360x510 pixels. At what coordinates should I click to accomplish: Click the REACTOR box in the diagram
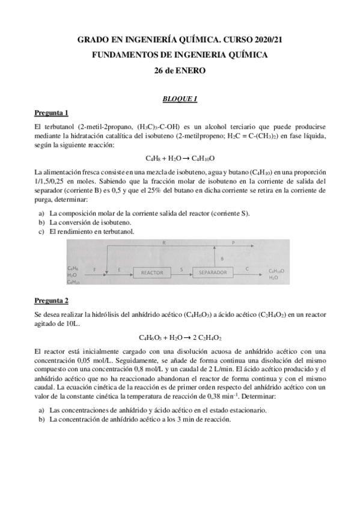(x=151, y=272)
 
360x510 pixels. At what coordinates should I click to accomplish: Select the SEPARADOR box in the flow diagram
(x=212, y=272)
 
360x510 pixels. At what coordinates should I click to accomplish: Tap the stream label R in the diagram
(x=163, y=242)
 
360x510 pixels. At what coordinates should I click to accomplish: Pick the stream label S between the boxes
(x=182, y=268)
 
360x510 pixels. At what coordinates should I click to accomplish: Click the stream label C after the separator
(x=248, y=268)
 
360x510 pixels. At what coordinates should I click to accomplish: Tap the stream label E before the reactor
(x=120, y=268)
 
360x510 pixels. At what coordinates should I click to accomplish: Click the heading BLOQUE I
(x=180, y=99)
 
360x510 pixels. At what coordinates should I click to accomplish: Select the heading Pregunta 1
(x=51, y=113)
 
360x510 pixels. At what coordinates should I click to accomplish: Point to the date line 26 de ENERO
(x=180, y=70)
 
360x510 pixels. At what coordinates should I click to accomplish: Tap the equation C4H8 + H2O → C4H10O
(x=180, y=158)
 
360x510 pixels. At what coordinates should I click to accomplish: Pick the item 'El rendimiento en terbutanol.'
(x=92, y=231)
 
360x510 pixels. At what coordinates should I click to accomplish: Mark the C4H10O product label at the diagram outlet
(x=277, y=271)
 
